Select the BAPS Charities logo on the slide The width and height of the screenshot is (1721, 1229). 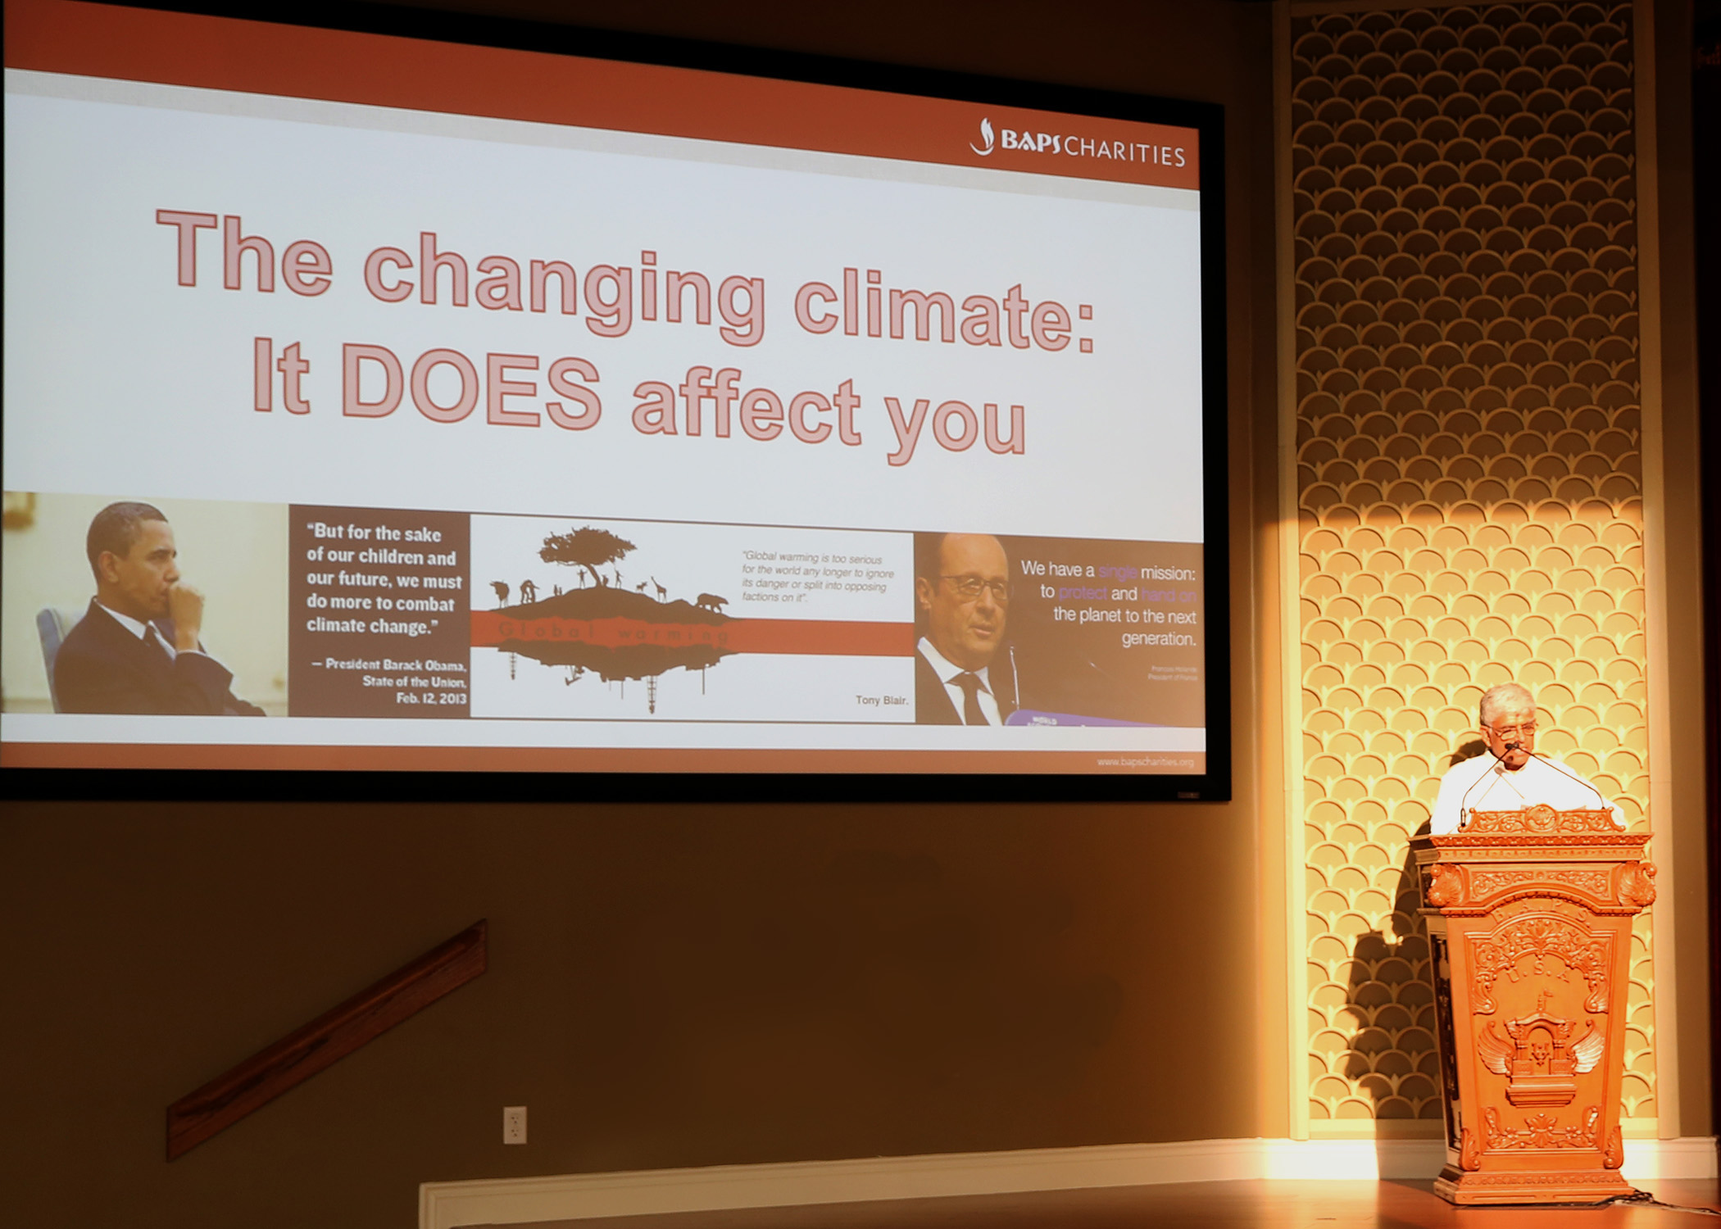1078,144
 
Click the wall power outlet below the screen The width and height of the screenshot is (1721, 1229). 514,1124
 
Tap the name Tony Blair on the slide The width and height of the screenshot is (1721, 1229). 881,700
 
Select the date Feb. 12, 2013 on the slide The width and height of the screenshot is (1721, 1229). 431,698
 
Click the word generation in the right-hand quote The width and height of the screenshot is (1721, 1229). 1158,639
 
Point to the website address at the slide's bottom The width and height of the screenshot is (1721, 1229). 1145,762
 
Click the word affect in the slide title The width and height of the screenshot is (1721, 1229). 746,407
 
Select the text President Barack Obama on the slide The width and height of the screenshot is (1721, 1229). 395,664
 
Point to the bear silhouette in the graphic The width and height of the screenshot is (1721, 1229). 711,603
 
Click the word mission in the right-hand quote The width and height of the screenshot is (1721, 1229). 1167,573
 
